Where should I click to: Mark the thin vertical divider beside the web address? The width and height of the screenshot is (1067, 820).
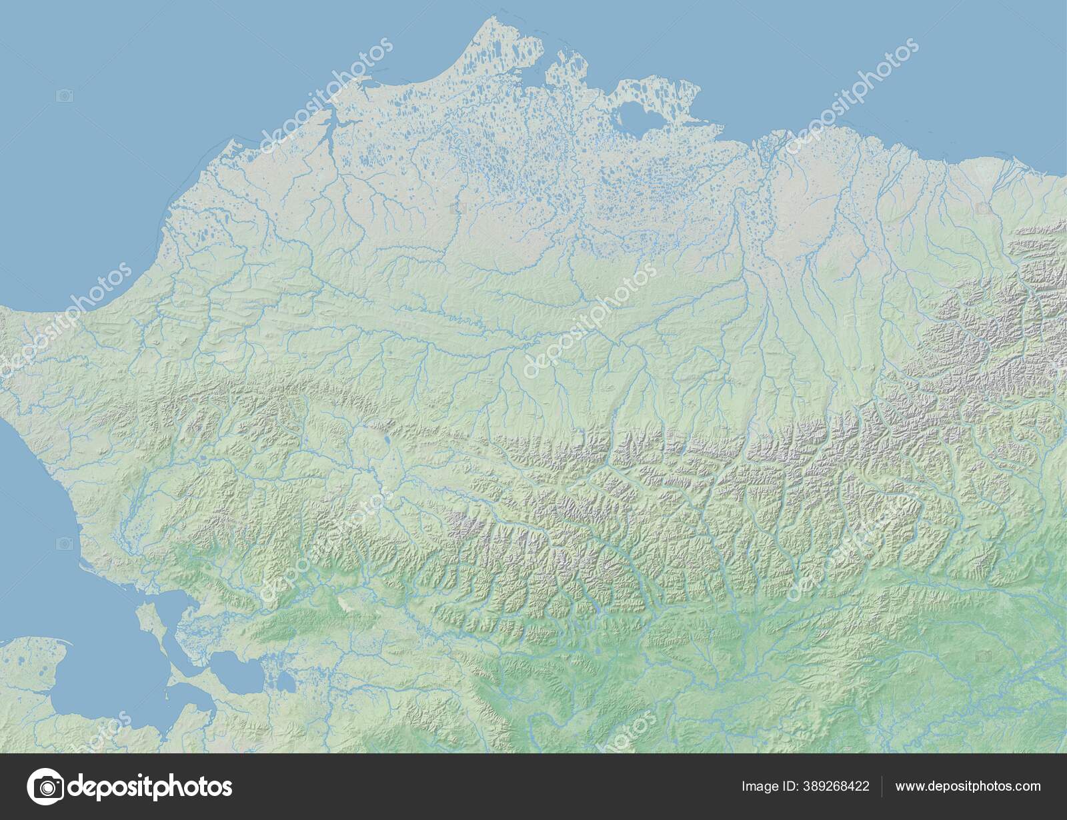click(882, 787)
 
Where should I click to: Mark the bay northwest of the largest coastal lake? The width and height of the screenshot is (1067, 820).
click(600, 93)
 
